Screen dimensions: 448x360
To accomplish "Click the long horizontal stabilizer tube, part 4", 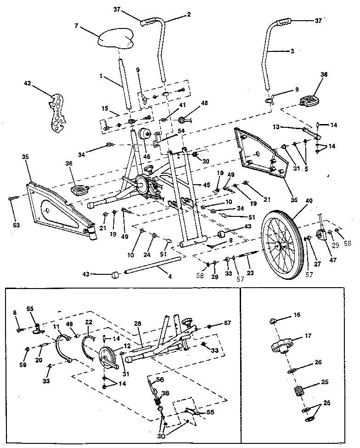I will [x=152, y=267].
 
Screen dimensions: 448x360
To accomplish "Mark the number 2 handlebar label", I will [x=188, y=15].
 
